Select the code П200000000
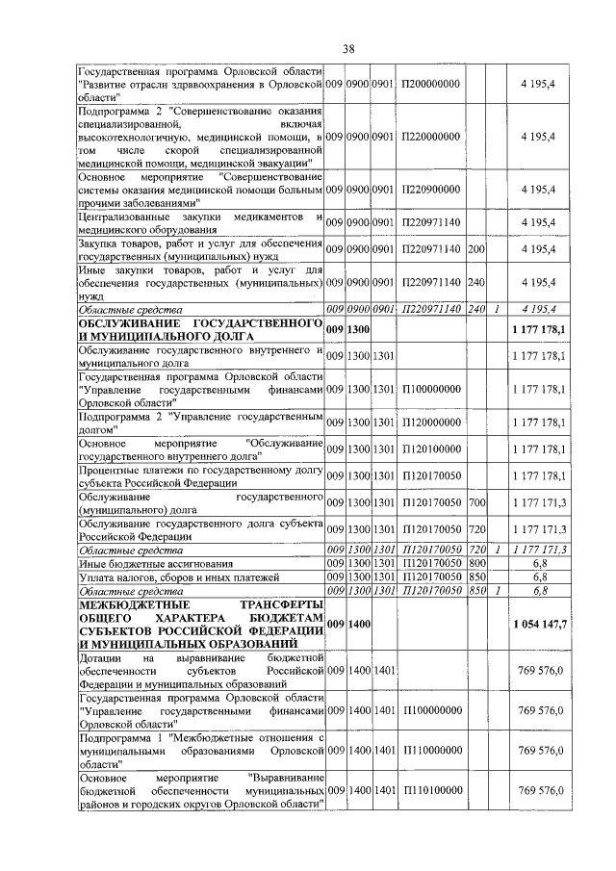430,85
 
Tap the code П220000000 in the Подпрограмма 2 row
430,138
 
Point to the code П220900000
430,191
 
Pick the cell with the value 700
475,503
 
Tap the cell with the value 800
475,562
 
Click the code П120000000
430,422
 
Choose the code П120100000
430,449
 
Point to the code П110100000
430,790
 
